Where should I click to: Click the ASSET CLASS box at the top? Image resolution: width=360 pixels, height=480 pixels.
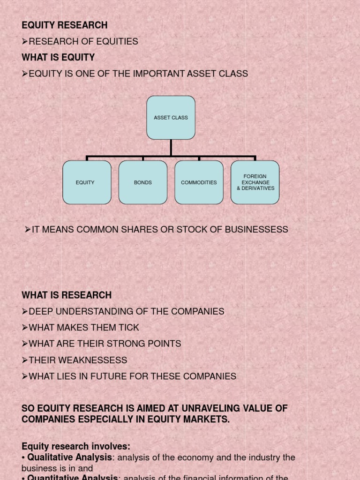(171, 118)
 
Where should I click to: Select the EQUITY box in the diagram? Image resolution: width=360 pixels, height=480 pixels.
(87, 182)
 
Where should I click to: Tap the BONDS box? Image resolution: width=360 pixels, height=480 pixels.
(143, 182)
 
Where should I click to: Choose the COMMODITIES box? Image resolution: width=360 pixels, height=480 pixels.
(199, 182)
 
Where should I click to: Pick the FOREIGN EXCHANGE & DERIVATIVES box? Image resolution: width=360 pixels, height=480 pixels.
(255, 182)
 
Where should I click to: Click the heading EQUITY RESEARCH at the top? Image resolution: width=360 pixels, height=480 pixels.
(65, 25)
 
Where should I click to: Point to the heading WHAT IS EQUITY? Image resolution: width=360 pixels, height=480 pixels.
(58, 58)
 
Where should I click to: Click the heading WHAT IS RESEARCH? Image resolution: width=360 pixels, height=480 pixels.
(67, 295)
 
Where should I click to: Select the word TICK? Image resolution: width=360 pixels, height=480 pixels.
(129, 328)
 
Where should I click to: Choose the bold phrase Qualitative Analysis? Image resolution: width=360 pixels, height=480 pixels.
(70, 457)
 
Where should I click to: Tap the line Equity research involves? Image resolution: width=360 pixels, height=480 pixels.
(76, 446)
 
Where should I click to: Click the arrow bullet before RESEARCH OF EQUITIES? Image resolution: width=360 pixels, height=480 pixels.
(25, 42)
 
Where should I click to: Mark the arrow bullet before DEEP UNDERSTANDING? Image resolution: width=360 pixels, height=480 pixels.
(25, 312)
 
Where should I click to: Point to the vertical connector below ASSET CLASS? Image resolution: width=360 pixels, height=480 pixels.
(171, 147)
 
